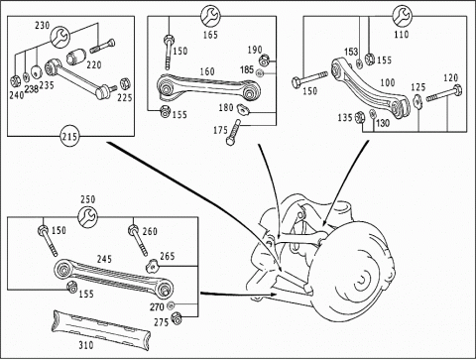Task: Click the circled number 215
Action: coord(69,136)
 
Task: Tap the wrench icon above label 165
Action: coord(210,15)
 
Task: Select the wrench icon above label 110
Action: coord(402,15)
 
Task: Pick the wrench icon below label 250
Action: coord(87,216)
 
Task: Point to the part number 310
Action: coord(86,345)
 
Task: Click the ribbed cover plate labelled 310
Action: coord(101,329)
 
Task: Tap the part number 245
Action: coord(104,259)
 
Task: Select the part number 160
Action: coord(207,71)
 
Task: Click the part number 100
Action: coord(388,82)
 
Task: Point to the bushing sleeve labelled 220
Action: coord(76,57)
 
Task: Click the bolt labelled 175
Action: coord(233,132)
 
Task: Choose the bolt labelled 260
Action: coord(138,240)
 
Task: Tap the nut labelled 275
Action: coord(177,318)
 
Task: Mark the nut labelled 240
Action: coord(15,80)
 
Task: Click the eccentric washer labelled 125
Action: coord(417,101)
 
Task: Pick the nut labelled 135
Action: coord(360,117)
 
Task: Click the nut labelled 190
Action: coord(264,60)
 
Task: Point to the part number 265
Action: coord(168,256)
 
